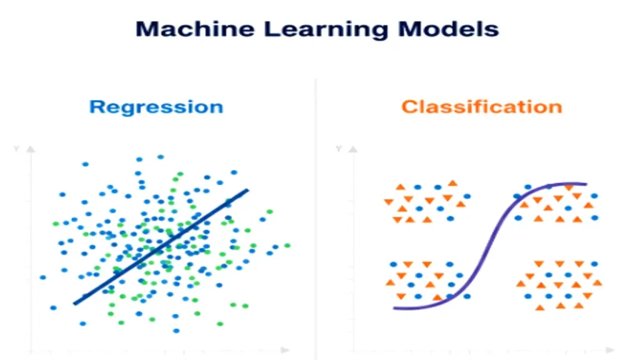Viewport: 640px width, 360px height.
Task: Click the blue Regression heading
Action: pyautogui.click(x=156, y=107)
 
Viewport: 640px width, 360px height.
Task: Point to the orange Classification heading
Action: pyautogui.click(x=481, y=107)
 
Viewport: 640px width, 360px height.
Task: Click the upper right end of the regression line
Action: pyautogui.click(x=247, y=190)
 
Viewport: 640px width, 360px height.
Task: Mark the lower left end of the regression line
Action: pyautogui.click(x=75, y=304)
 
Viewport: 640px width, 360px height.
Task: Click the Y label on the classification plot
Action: pyautogui.click(x=338, y=149)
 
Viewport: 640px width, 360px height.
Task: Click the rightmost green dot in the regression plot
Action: pyautogui.click(x=287, y=246)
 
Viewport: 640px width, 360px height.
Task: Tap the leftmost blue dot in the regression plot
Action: pyautogui.click(x=42, y=277)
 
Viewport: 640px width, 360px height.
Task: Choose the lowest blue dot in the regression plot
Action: pyautogui.click(x=176, y=330)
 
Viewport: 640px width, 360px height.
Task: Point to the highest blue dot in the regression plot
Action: pyautogui.click(x=161, y=157)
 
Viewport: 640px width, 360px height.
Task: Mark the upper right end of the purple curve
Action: pyautogui.click(x=585, y=184)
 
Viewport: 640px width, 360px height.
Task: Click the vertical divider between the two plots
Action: pyautogui.click(x=316, y=219)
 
